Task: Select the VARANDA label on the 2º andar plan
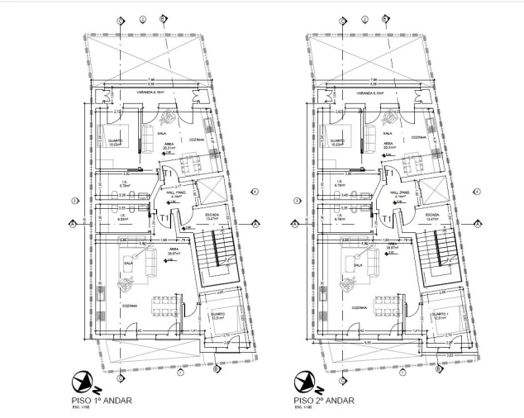[369, 94]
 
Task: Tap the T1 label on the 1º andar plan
[165, 218]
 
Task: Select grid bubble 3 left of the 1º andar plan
[74, 200]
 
